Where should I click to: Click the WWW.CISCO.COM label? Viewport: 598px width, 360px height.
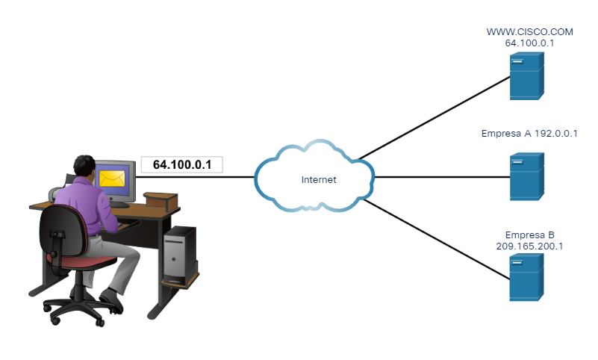(520, 32)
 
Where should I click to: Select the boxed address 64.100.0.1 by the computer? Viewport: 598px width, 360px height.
(182, 164)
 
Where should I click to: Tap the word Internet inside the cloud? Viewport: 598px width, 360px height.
(319, 180)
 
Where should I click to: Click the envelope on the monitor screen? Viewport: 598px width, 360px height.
(113, 178)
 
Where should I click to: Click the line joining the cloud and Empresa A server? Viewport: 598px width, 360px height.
(440, 178)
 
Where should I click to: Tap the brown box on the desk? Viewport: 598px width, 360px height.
(161, 199)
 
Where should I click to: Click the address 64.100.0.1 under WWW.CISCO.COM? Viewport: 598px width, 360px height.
(520, 43)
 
